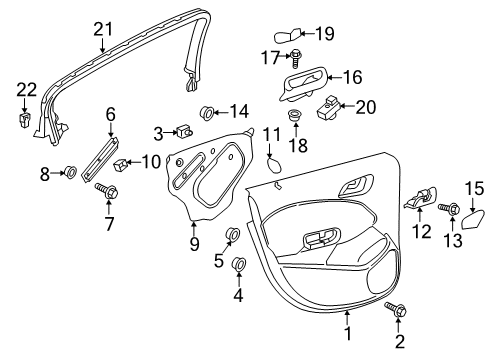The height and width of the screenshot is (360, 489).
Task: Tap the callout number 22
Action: click(x=26, y=91)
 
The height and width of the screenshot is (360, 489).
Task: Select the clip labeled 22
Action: click(x=26, y=121)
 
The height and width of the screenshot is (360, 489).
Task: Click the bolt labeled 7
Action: click(x=106, y=190)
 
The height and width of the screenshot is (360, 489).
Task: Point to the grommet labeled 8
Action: click(x=71, y=173)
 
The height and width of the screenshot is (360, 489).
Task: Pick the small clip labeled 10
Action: click(x=121, y=164)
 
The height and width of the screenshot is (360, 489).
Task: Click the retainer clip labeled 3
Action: click(x=183, y=131)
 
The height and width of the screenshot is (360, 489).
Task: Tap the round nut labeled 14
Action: click(x=209, y=111)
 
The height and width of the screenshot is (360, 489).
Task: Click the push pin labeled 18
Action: click(x=296, y=118)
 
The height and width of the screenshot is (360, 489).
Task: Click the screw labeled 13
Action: click(x=450, y=209)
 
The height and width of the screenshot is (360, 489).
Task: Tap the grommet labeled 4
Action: click(x=239, y=263)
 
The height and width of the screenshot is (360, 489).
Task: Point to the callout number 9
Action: click(x=194, y=242)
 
